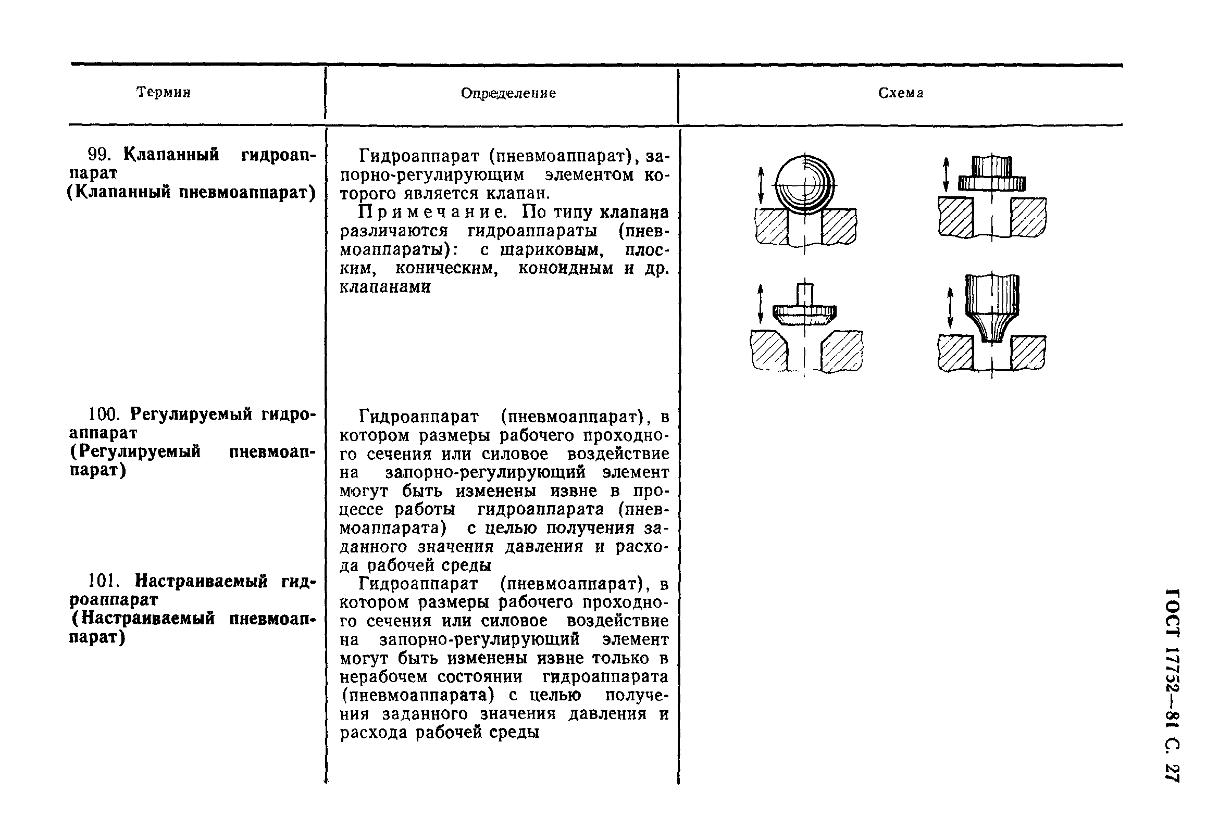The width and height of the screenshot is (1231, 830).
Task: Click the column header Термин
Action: pyautogui.click(x=163, y=93)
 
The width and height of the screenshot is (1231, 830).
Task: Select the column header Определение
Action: pyautogui.click(x=508, y=94)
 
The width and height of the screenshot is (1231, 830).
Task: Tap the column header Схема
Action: pyautogui.click(x=901, y=93)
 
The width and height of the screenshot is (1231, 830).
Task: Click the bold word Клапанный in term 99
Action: pyautogui.click(x=170, y=155)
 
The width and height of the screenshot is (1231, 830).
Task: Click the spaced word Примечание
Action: pyautogui.click(x=432, y=212)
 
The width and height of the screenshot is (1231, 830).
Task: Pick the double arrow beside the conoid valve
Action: pyautogui.click(x=950, y=308)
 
